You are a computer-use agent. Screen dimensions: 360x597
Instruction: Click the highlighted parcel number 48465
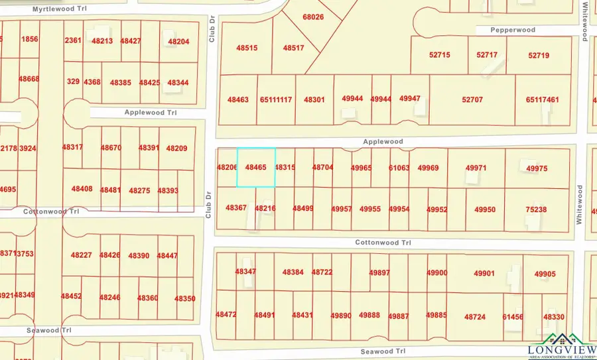pyautogui.click(x=255, y=168)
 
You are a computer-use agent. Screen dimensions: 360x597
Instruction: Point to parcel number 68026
pyautogui.click(x=313, y=17)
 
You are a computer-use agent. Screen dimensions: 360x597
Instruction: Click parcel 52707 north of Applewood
pyautogui.click(x=472, y=99)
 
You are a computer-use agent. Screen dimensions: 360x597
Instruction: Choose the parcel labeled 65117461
pyautogui.click(x=542, y=99)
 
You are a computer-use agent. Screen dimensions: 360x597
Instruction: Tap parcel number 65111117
pyautogui.click(x=276, y=99)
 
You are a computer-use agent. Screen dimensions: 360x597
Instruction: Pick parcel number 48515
pyautogui.click(x=247, y=48)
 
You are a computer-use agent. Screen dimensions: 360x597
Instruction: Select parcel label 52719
pyautogui.click(x=539, y=55)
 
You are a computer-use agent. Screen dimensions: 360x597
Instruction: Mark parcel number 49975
pyautogui.click(x=537, y=169)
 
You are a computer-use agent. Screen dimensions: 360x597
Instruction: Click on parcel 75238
pyautogui.click(x=536, y=210)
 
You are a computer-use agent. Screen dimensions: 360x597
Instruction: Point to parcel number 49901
pyautogui.click(x=484, y=273)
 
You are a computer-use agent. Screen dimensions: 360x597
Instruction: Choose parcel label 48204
pyautogui.click(x=178, y=42)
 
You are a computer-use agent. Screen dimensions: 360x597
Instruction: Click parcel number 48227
pyautogui.click(x=81, y=255)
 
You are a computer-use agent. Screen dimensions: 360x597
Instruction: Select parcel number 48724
pyautogui.click(x=475, y=317)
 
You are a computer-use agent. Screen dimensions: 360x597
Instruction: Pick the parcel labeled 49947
pyautogui.click(x=410, y=99)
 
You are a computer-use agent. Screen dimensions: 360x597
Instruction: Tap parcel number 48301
pyautogui.click(x=314, y=99)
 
